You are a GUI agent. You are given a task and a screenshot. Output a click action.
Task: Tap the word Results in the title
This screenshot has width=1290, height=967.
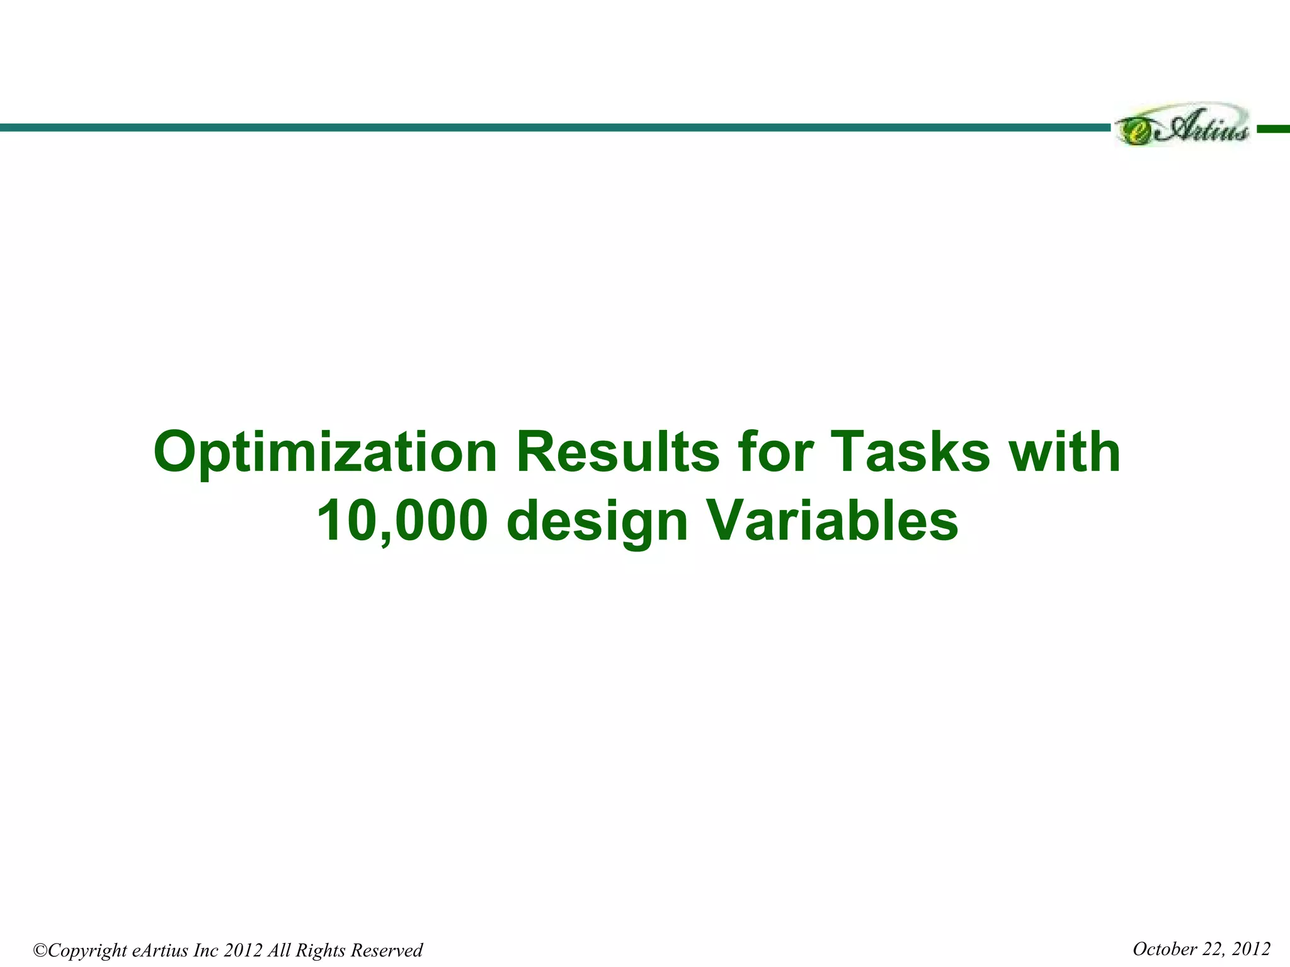pyautogui.click(x=617, y=453)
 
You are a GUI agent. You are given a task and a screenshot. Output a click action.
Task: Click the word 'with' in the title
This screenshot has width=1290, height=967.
pyautogui.click(x=1065, y=453)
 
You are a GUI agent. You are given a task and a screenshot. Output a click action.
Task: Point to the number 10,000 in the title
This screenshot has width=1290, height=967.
pyautogui.click(x=402, y=522)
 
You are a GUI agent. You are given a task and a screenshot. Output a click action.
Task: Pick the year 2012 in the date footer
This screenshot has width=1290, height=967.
pyautogui.click(x=1251, y=949)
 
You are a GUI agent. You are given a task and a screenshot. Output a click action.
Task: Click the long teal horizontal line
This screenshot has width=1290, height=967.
pyautogui.click(x=554, y=127)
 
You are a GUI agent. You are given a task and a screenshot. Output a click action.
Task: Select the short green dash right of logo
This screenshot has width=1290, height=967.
pyautogui.click(x=1273, y=128)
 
